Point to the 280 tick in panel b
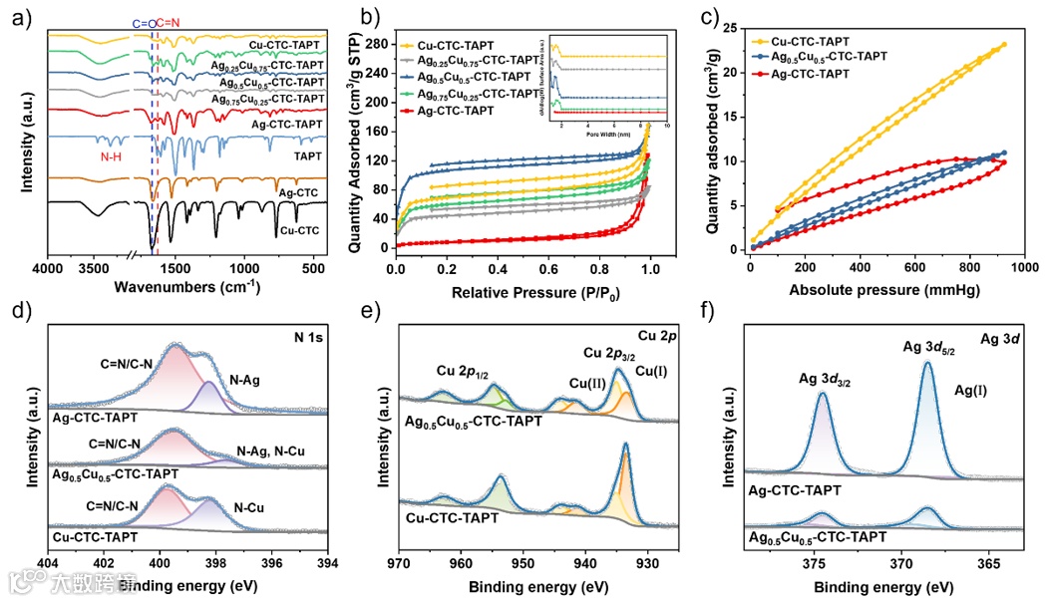(x=374, y=44)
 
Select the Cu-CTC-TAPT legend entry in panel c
(x=809, y=40)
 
